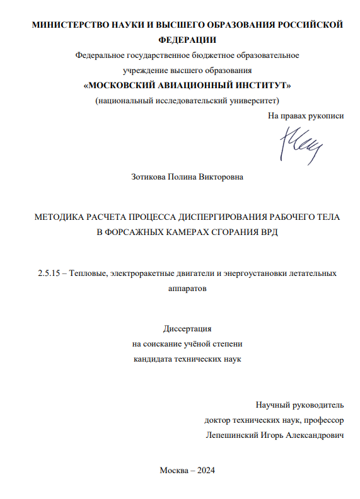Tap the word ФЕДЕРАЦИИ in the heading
(180, 39)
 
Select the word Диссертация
(187, 329)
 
